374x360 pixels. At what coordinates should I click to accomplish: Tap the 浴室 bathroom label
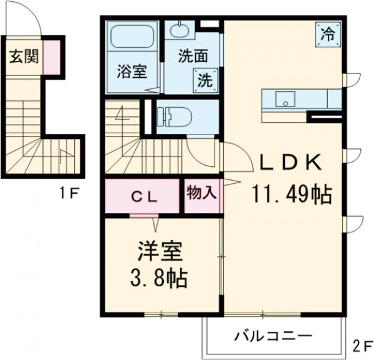tap(132, 72)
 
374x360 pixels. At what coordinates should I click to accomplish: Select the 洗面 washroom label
tap(193, 55)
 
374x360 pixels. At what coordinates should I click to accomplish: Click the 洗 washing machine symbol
tap(205, 79)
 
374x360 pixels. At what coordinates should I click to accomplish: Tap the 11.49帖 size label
tap(290, 195)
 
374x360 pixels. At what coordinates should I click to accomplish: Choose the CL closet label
tap(143, 196)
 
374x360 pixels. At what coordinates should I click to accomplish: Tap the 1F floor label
tap(68, 192)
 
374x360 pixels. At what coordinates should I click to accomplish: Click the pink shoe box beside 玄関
tap(52, 56)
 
